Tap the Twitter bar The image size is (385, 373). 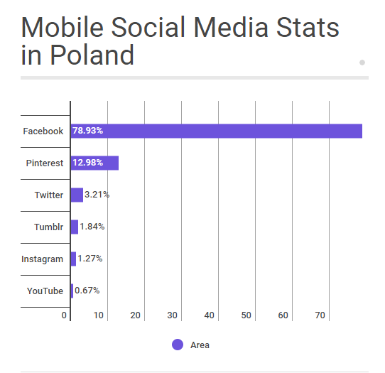77,195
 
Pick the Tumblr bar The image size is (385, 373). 75,227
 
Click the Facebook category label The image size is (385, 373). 43,131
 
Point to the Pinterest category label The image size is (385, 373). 45,163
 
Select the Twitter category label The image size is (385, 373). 49,195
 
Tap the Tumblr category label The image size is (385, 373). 49,227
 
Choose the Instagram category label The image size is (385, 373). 43,259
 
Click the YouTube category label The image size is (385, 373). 45,291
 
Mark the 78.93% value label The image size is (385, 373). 89,131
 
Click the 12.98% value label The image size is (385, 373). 88,163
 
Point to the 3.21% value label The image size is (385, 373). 97,195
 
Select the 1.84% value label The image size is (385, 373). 92,227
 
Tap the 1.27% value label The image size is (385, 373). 90,259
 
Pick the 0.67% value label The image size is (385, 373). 87,291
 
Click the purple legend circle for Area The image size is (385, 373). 178,345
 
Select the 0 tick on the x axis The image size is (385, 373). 64,315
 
